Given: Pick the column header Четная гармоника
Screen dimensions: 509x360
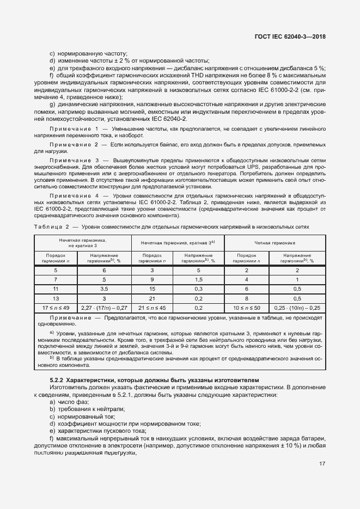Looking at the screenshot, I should click(275, 243).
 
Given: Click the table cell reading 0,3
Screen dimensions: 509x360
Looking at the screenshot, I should click(198, 288).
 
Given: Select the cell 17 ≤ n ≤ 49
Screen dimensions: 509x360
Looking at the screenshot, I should click(56, 308).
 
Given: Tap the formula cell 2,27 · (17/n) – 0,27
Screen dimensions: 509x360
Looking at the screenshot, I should click(104, 308).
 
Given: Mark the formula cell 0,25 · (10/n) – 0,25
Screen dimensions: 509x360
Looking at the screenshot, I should click(297, 308).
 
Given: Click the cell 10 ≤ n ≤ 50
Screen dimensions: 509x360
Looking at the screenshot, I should click(246, 308).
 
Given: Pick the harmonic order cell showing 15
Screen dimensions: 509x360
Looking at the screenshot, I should click(152, 288).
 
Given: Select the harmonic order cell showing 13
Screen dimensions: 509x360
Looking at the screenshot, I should click(56, 298).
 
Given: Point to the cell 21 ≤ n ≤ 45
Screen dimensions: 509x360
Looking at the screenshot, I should click(152, 308).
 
